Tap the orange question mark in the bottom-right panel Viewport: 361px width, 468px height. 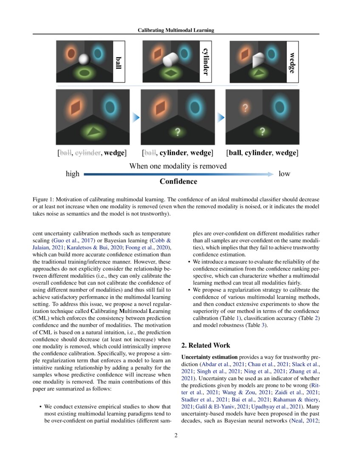point(245,108)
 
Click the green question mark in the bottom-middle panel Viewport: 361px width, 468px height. point(178,132)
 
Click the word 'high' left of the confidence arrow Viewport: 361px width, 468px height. point(72,174)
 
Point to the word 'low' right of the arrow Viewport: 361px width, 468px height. point(284,174)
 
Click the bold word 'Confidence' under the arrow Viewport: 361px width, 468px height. point(178,182)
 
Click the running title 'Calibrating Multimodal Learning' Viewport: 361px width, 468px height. point(176,30)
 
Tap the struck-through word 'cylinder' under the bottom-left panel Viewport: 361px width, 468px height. point(87,153)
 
